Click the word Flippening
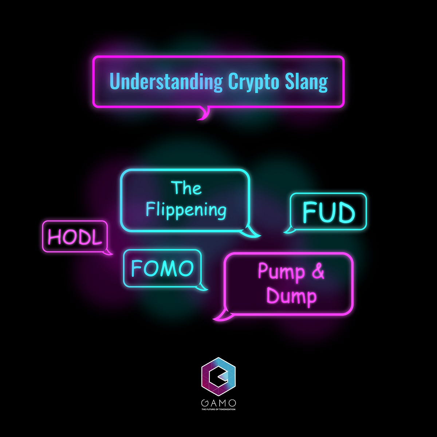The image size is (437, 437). pyautogui.click(x=186, y=210)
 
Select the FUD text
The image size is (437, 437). pyautogui.click(x=328, y=213)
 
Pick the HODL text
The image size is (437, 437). pyautogui.click(x=75, y=238)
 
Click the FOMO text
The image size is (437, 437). pyautogui.click(x=162, y=269)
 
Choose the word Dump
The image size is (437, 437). pyautogui.click(x=291, y=296)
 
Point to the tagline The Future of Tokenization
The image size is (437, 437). pyautogui.click(x=219, y=410)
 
